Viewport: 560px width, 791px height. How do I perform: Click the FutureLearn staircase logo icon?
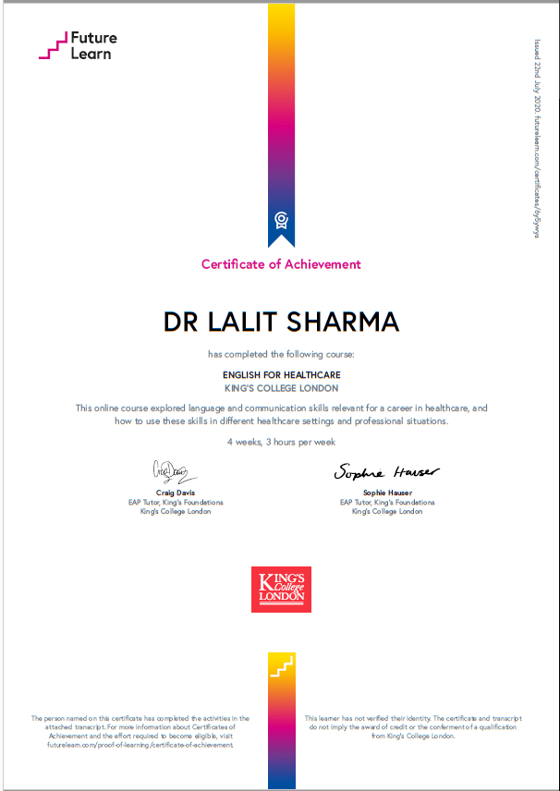(55, 45)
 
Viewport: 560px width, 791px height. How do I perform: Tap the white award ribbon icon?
(281, 220)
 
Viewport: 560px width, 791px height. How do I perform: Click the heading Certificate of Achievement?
(281, 264)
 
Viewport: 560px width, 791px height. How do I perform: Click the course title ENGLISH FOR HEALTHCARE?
(281, 374)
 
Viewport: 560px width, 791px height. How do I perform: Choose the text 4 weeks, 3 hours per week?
(281, 442)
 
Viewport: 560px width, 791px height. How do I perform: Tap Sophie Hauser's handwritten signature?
(386, 471)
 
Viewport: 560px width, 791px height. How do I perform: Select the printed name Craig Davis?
(175, 493)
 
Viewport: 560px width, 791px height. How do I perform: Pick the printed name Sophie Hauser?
(386, 493)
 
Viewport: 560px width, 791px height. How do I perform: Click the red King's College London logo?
(281, 589)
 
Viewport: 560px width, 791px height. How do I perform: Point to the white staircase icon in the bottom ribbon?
(281, 667)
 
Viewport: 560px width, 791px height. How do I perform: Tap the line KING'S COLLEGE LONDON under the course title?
(281, 388)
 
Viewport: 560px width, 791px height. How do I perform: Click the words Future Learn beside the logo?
(95, 46)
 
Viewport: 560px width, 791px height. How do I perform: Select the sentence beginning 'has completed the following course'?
(281, 354)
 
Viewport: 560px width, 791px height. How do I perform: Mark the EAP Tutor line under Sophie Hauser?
(386, 503)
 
